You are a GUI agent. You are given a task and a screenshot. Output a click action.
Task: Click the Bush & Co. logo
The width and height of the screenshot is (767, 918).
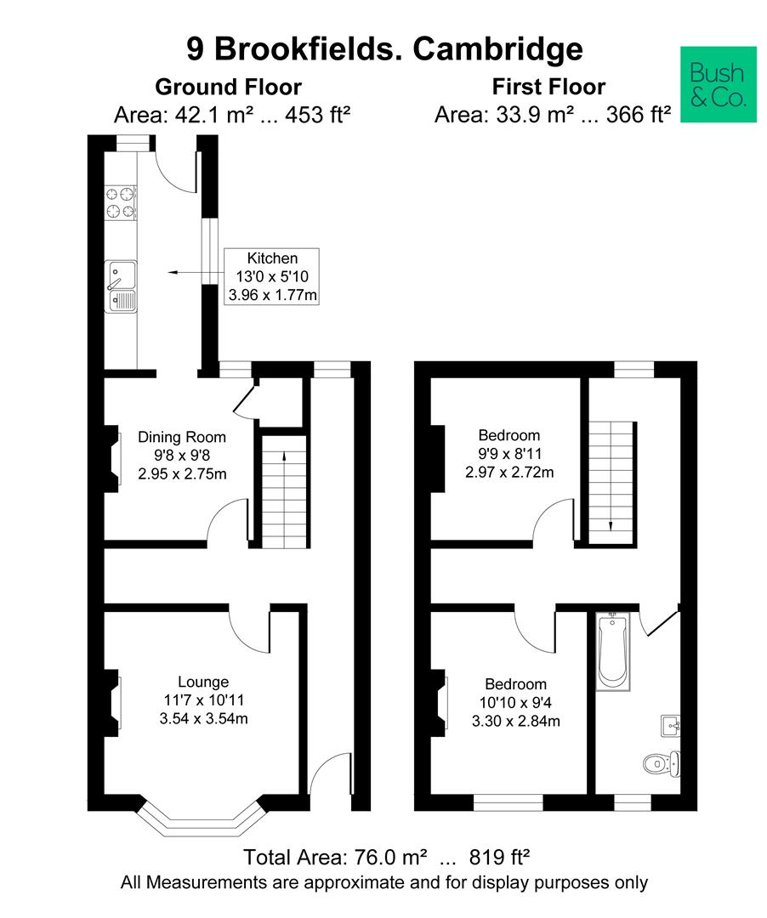719,85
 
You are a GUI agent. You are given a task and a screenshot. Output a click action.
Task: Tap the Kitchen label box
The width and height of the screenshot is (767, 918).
272,277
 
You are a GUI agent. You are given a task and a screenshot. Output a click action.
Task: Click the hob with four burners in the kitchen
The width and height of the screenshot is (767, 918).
120,202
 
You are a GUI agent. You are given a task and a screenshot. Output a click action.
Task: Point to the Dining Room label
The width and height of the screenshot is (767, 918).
182,438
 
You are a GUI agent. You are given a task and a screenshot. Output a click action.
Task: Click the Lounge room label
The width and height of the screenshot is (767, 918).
203,681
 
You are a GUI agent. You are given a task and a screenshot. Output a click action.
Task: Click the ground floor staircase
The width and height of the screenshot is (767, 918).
282,489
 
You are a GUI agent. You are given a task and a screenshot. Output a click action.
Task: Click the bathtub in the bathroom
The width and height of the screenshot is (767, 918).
611,652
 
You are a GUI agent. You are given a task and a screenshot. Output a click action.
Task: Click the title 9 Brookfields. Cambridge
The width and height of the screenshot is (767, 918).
384,48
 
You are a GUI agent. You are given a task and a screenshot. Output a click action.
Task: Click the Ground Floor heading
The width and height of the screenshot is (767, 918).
228,87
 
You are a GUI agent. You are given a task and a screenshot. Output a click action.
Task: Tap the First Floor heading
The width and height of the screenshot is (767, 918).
548,87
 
